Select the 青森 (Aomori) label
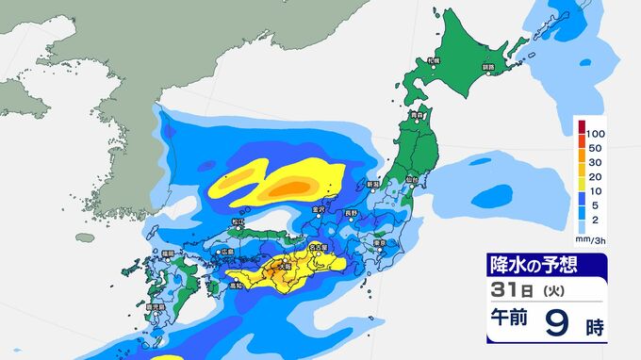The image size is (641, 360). tap(417, 116)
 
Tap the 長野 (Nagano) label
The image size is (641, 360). tap(351, 213)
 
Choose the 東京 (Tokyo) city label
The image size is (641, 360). tap(380, 242)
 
